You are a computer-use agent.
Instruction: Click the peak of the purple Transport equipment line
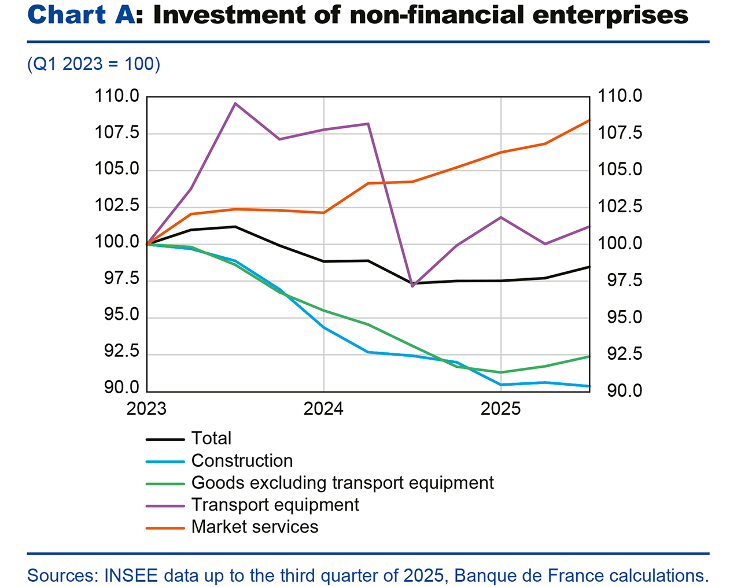coord(235,104)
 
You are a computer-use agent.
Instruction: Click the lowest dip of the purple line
coord(412,286)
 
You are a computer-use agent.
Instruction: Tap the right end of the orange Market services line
coord(589,120)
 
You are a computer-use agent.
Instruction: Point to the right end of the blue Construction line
coord(589,386)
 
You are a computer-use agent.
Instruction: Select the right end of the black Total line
coord(589,267)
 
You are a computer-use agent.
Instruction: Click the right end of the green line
coord(589,356)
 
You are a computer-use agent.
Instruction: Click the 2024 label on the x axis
coord(323,409)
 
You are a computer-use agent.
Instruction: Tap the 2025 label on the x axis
coord(500,409)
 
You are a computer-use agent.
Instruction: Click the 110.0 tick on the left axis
coord(117,96)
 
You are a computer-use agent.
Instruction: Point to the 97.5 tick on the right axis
coord(620,280)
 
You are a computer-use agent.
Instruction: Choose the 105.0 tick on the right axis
coord(620,169)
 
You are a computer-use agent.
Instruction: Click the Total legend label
coord(211,438)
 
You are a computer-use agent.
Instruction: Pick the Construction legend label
coord(242,460)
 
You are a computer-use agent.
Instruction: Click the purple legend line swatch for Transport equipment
coord(165,505)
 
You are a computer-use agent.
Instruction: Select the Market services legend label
coord(255,527)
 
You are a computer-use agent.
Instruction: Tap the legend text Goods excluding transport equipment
coord(342,482)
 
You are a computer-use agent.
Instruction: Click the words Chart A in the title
coord(81,16)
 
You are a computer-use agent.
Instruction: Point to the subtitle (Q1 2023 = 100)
coord(94,64)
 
